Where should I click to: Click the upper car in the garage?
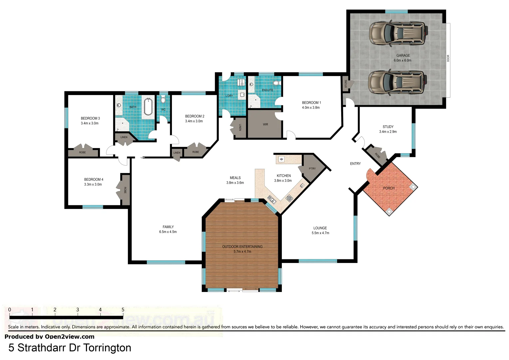tap(398, 33)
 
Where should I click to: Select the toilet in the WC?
tap(163, 100)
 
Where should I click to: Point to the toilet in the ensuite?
tap(276, 83)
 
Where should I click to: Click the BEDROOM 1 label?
tap(311, 103)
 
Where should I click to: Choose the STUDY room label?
tap(388, 127)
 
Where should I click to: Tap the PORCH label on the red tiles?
tap(388, 188)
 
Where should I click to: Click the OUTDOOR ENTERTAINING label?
tap(242, 247)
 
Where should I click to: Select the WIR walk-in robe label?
tap(265, 125)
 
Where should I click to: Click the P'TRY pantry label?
tap(312, 169)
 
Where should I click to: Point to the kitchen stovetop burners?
tap(289, 198)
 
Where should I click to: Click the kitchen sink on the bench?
tap(272, 200)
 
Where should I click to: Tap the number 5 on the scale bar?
tap(123, 310)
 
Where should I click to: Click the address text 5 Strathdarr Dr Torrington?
tap(70, 348)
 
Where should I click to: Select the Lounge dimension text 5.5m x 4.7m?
tap(320, 233)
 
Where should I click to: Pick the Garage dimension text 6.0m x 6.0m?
tap(402, 60)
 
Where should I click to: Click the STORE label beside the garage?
tap(346, 84)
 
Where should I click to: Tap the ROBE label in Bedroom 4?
tap(125, 190)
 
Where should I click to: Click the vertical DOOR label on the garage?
tap(448, 58)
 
